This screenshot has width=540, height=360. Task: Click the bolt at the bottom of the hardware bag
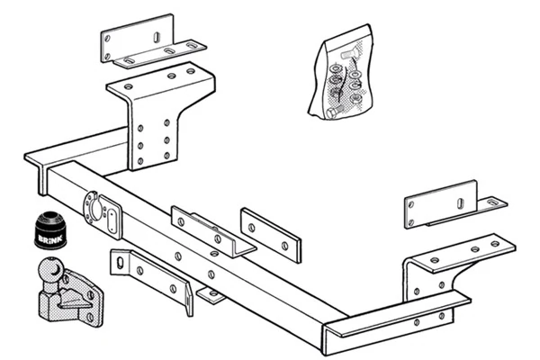[x=333, y=112]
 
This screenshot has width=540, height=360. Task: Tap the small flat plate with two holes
[x=271, y=235]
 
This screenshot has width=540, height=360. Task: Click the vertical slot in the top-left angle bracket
[x=157, y=37]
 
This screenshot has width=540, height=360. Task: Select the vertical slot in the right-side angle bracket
[x=460, y=203]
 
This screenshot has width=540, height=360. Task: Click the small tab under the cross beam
[x=211, y=295]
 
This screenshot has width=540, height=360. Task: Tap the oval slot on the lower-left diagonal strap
[x=121, y=263]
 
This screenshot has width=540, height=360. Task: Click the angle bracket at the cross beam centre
[x=213, y=231]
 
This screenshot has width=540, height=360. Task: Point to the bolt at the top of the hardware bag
[x=346, y=54]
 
